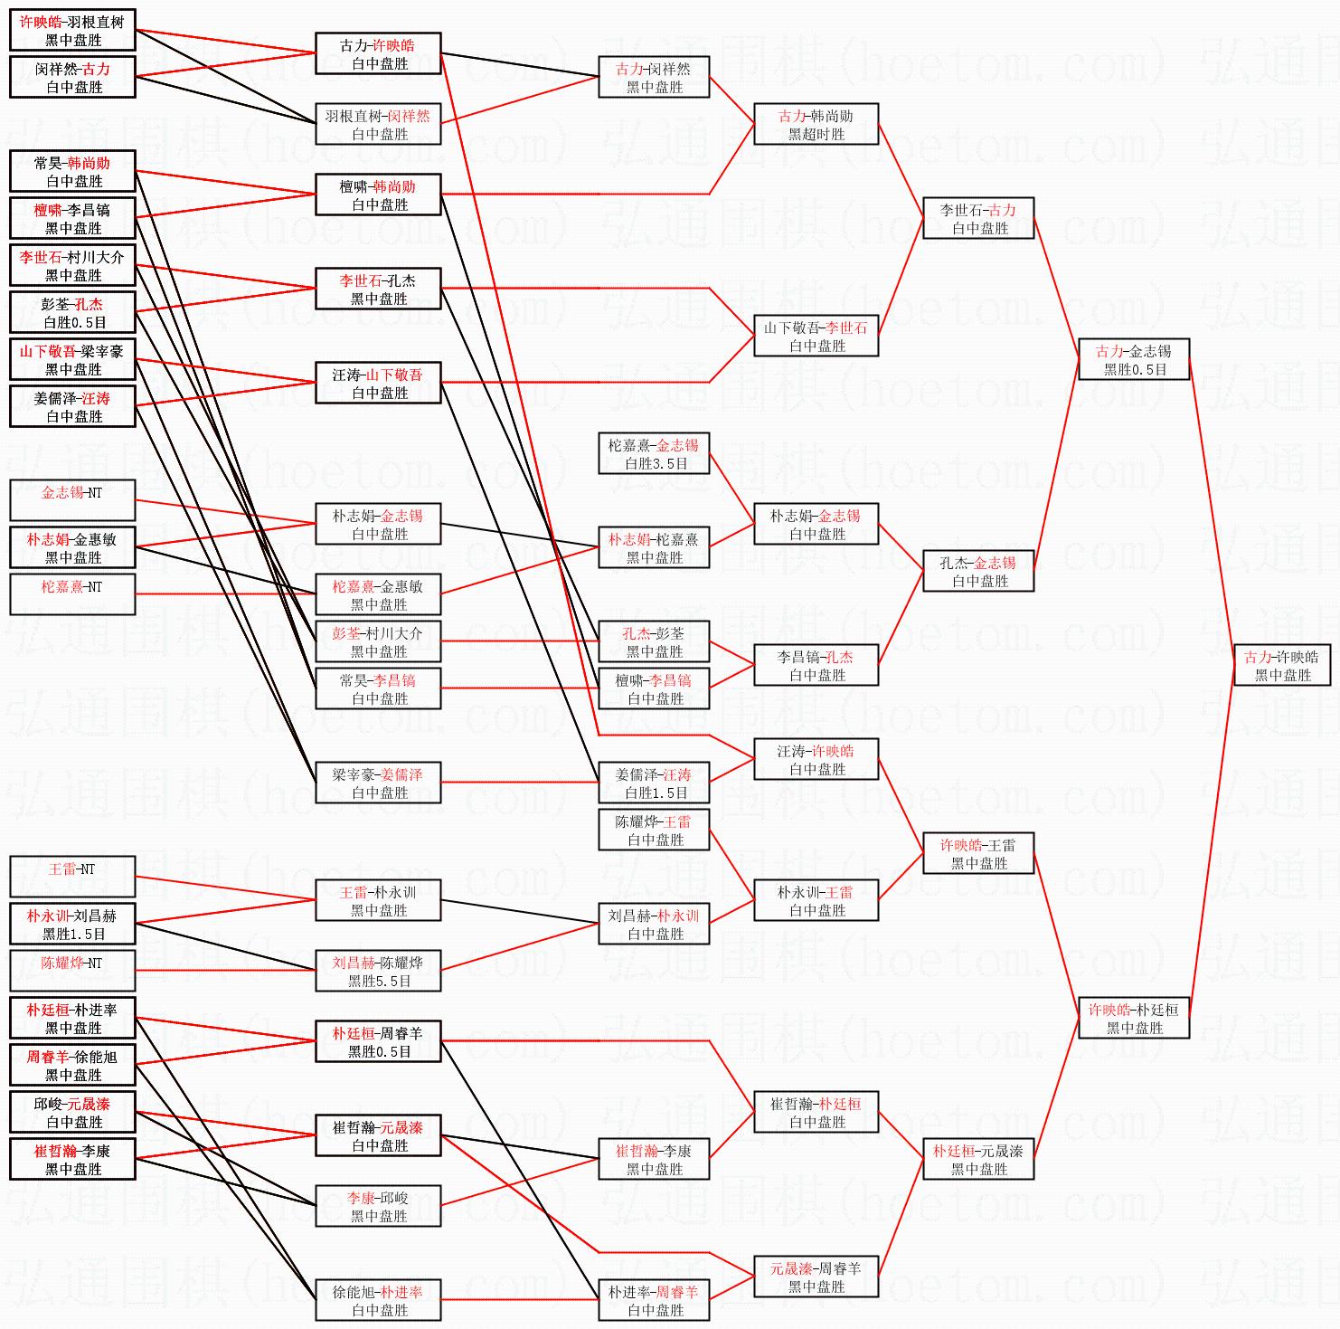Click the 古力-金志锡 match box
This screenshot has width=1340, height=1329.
[x=1133, y=359]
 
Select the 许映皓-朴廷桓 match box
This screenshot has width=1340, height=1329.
[x=1133, y=1018]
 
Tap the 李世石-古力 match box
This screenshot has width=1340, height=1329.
[x=977, y=218]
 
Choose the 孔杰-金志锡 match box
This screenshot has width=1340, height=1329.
[x=977, y=571]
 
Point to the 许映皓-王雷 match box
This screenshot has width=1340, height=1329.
[x=977, y=853]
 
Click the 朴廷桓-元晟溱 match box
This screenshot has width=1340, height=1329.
[x=977, y=1159]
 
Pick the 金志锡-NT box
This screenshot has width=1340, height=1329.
[x=72, y=500]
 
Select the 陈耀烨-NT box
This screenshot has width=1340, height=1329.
[x=72, y=971]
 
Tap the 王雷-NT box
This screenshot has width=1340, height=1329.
[x=72, y=877]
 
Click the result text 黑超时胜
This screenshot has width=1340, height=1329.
[x=816, y=134]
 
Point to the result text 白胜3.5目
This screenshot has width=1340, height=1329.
[x=656, y=463]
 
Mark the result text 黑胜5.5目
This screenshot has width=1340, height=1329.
[x=379, y=981]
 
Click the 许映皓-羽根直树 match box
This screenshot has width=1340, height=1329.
[x=72, y=30]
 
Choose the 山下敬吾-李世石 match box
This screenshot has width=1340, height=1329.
[x=816, y=336]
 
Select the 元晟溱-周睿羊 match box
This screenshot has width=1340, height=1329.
[x=816, y=1277]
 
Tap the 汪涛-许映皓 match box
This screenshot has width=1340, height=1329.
[x=816, y=759]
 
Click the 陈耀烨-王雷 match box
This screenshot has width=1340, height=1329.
[x=654, y=830]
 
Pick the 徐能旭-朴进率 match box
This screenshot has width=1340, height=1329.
[x=378, y=1300]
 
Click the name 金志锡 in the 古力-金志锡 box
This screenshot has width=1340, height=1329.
[x=1150, y=351]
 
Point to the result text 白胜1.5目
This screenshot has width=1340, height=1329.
[x=656, y=793]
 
